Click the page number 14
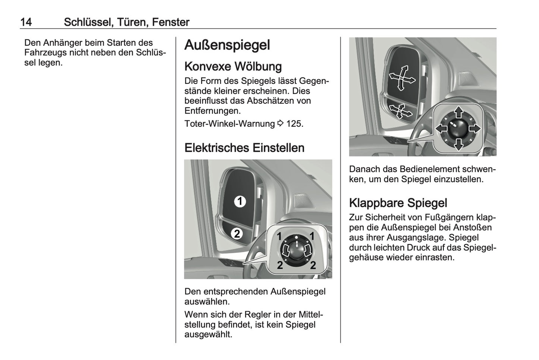[26, 22]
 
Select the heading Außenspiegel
[227, 45]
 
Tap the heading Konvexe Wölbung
[233, 67]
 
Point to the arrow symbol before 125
[281, 123]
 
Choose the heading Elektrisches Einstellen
[244, 148]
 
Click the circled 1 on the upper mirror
[240, 202]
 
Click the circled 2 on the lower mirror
[236, 234]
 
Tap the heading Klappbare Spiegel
[398, 203]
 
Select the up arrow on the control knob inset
[458, 113]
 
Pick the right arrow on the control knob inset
[474, 129]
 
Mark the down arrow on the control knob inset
[458, 144]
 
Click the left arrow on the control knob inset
[442, 129]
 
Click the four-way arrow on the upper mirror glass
[401, 78]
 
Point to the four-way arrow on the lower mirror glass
[400, 110]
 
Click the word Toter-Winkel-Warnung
[229, 124]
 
